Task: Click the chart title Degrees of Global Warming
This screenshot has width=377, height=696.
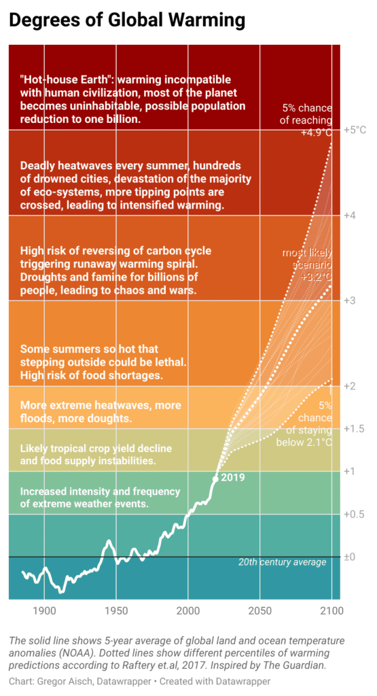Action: [126, 20]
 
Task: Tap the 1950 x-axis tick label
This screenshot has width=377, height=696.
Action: [115, 610]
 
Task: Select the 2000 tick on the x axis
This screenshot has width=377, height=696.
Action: [187, 610]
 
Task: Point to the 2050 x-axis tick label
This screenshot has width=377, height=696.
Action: [259, 610]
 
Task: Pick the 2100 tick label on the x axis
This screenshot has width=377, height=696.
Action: [331, 610]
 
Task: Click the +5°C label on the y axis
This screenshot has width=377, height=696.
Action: [355, 130]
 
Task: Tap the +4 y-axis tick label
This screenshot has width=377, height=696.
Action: [350, 215]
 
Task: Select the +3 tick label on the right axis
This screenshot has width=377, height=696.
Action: [350, 301]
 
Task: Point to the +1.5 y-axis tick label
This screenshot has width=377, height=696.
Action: [354, 429]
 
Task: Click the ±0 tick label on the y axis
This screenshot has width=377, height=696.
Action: [350, 557]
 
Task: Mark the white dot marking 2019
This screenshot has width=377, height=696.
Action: [215, 478]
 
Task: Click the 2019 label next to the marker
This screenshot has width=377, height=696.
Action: [232, 478]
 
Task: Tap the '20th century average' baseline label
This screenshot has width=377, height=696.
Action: [283, 562]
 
